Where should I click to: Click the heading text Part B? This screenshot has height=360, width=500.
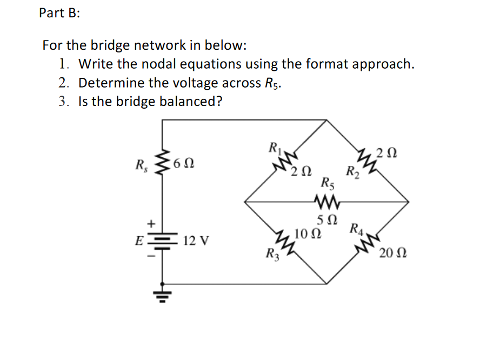[59, 14]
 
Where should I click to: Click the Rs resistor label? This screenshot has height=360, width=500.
[142, 163]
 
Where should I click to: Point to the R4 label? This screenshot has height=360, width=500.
[358, 229]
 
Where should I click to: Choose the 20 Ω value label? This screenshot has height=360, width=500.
[393, 253]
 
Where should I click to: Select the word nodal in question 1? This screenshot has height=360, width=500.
[158, 64]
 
